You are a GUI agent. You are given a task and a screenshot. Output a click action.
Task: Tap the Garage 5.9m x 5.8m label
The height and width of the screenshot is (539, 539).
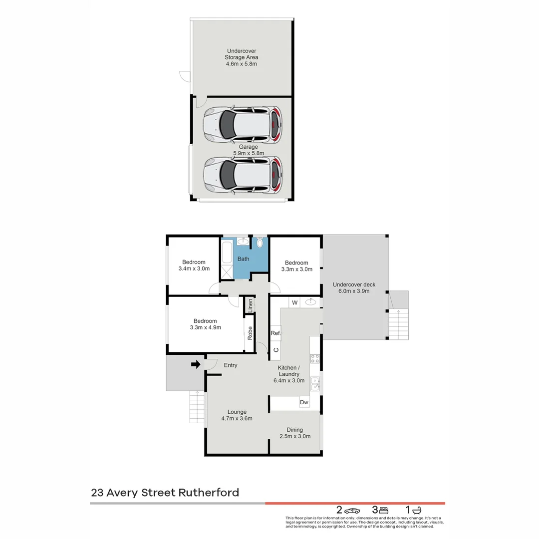pyautogui.click(x=248, y=150)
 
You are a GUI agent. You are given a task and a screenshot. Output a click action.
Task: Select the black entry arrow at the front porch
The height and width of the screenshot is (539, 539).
pyautogui.click(x=196, y=365)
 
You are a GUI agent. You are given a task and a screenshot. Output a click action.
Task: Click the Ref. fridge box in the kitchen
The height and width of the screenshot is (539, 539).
pyautogui.click(x=275, y=333)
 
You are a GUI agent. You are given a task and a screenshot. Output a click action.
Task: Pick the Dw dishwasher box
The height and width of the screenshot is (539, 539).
pyautogui.click(x=303, y=402)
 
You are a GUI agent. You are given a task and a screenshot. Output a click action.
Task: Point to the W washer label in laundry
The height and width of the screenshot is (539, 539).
pyautogui.click(x=294, y=302)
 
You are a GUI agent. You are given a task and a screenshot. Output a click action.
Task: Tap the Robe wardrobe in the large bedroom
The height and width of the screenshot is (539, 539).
pyautogui.click(x=250, y=333)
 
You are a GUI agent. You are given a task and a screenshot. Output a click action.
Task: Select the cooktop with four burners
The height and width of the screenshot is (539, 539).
pyautogui.click(x=315, y=358)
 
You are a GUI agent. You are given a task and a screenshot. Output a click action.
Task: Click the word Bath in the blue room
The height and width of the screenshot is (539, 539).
pyautogui.click(x=243, y=259)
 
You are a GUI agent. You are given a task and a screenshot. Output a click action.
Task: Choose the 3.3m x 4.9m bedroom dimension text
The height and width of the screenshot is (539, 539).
pyautogui.click(x=205, y=328)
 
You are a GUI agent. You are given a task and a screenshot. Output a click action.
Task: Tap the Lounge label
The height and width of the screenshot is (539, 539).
pyautogui.click(x=237, y=412)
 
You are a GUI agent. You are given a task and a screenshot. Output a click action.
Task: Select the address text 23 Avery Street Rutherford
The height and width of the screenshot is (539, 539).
pyautogui.click(x=165, y=493)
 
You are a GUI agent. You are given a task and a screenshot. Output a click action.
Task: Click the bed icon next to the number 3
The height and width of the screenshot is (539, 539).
pyautogui.click(x=383, y=510)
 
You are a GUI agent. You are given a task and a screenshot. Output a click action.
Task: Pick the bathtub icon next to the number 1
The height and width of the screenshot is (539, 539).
pyautogui.click(x=417, y=510)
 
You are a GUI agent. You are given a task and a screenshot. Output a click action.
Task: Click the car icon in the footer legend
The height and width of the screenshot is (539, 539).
pyautogui.click(x=352, y=510)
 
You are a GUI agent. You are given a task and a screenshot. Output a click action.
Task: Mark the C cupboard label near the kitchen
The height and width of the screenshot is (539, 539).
pyautogui.click(x=275, y=350)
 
